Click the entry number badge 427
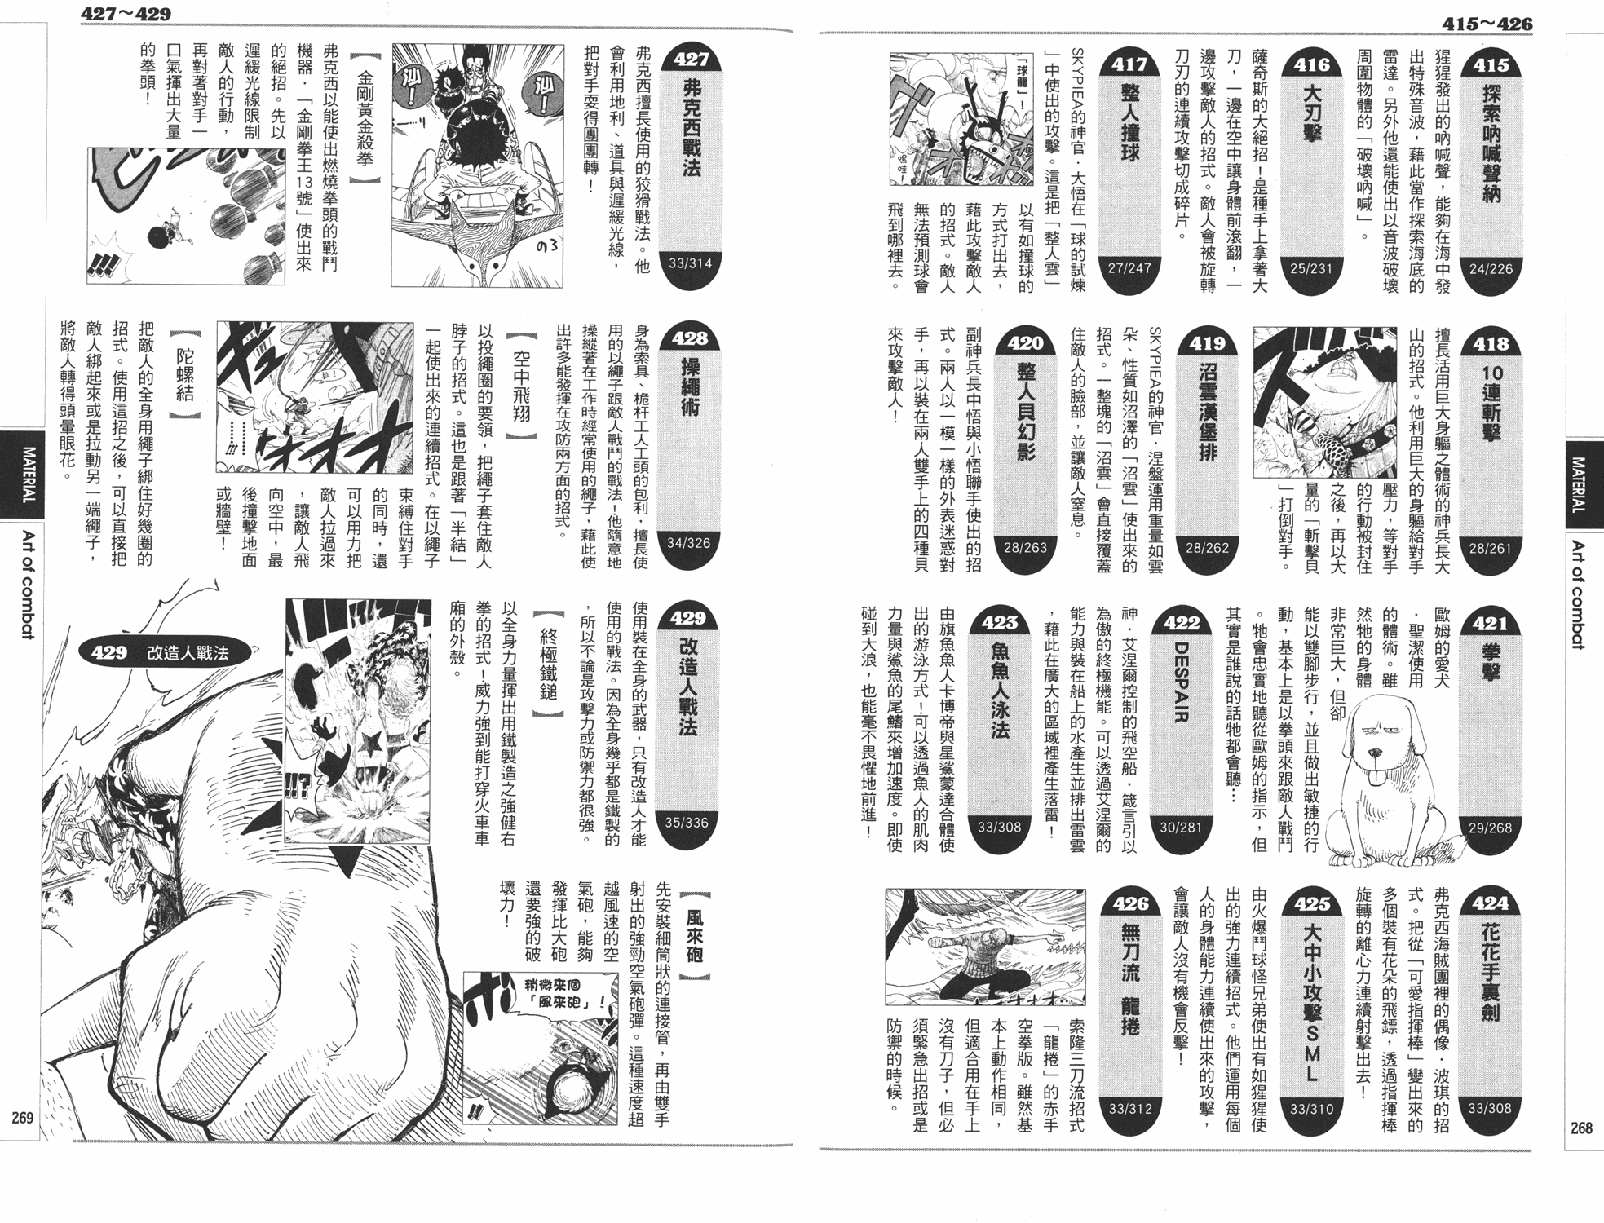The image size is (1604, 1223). coord(690,59)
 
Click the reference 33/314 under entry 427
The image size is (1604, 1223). coord(690,263)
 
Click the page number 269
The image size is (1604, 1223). coord(22,1117)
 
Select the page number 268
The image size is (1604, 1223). coord(1581,1128)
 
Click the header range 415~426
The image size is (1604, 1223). coord(1487,24)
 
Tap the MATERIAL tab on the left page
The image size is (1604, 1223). coord(27,473)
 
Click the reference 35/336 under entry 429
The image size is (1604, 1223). coord(687,823)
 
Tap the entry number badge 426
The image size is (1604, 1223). coord(1129,903)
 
